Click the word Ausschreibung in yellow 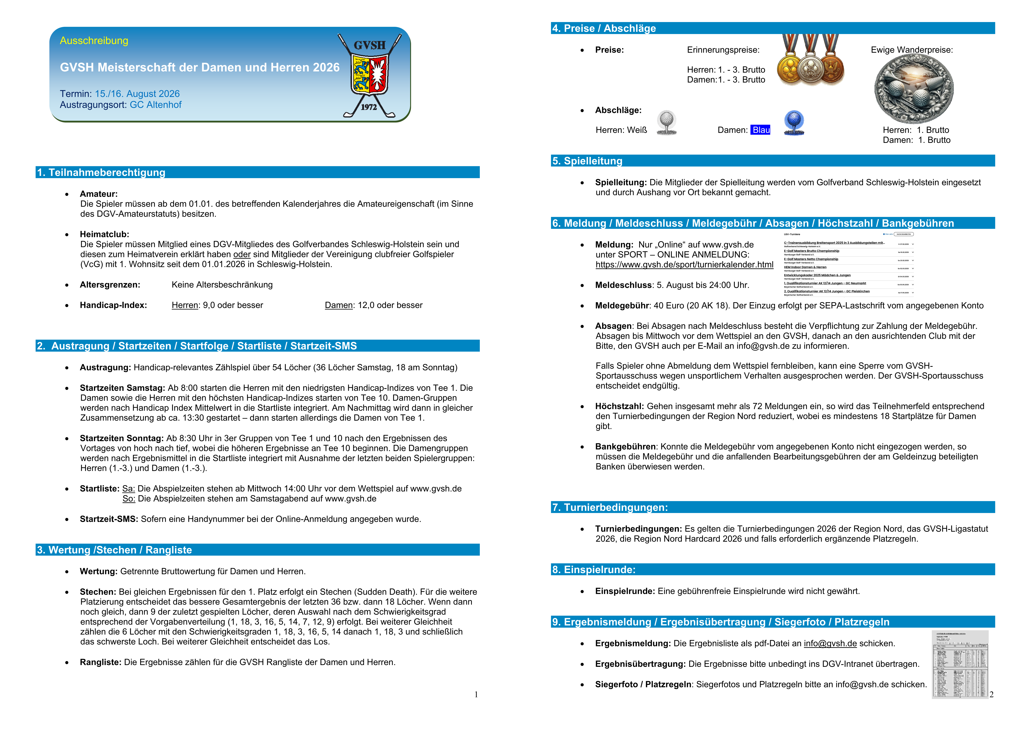tap(94, 41)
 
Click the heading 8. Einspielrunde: tap(594, 570)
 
